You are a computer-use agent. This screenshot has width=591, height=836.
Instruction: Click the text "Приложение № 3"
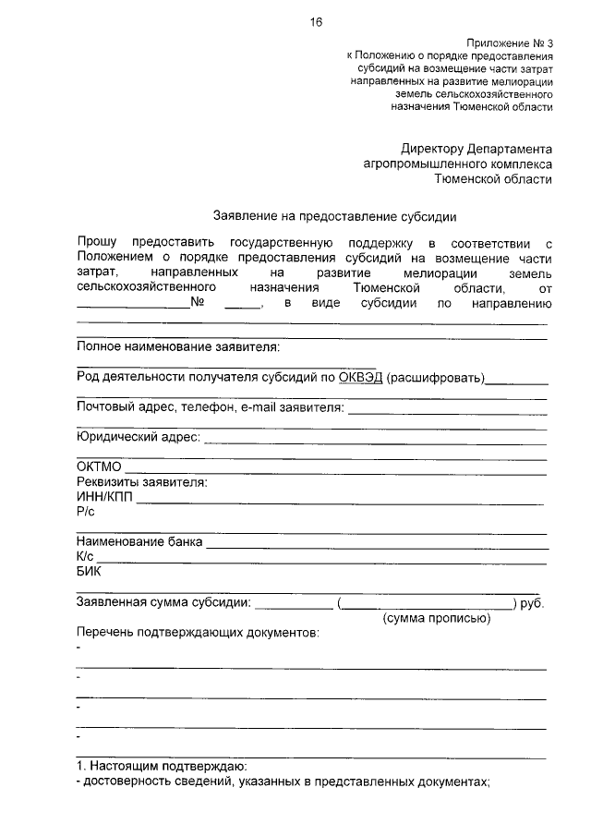pos(509,43)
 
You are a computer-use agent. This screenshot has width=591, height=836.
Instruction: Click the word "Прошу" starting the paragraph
pos(97,242)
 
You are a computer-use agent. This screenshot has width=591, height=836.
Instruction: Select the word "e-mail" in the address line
pos(260,407)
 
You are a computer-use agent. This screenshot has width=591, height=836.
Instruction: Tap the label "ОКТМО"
pos(99,467)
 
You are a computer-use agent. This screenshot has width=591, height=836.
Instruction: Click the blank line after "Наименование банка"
pos(374,544)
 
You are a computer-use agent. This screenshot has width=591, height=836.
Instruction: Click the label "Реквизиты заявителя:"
pos(141,482)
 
